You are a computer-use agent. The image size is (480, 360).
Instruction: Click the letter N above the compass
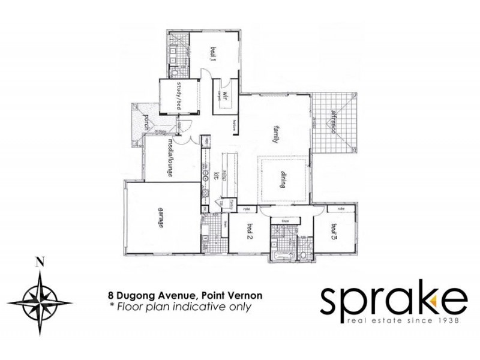40,262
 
